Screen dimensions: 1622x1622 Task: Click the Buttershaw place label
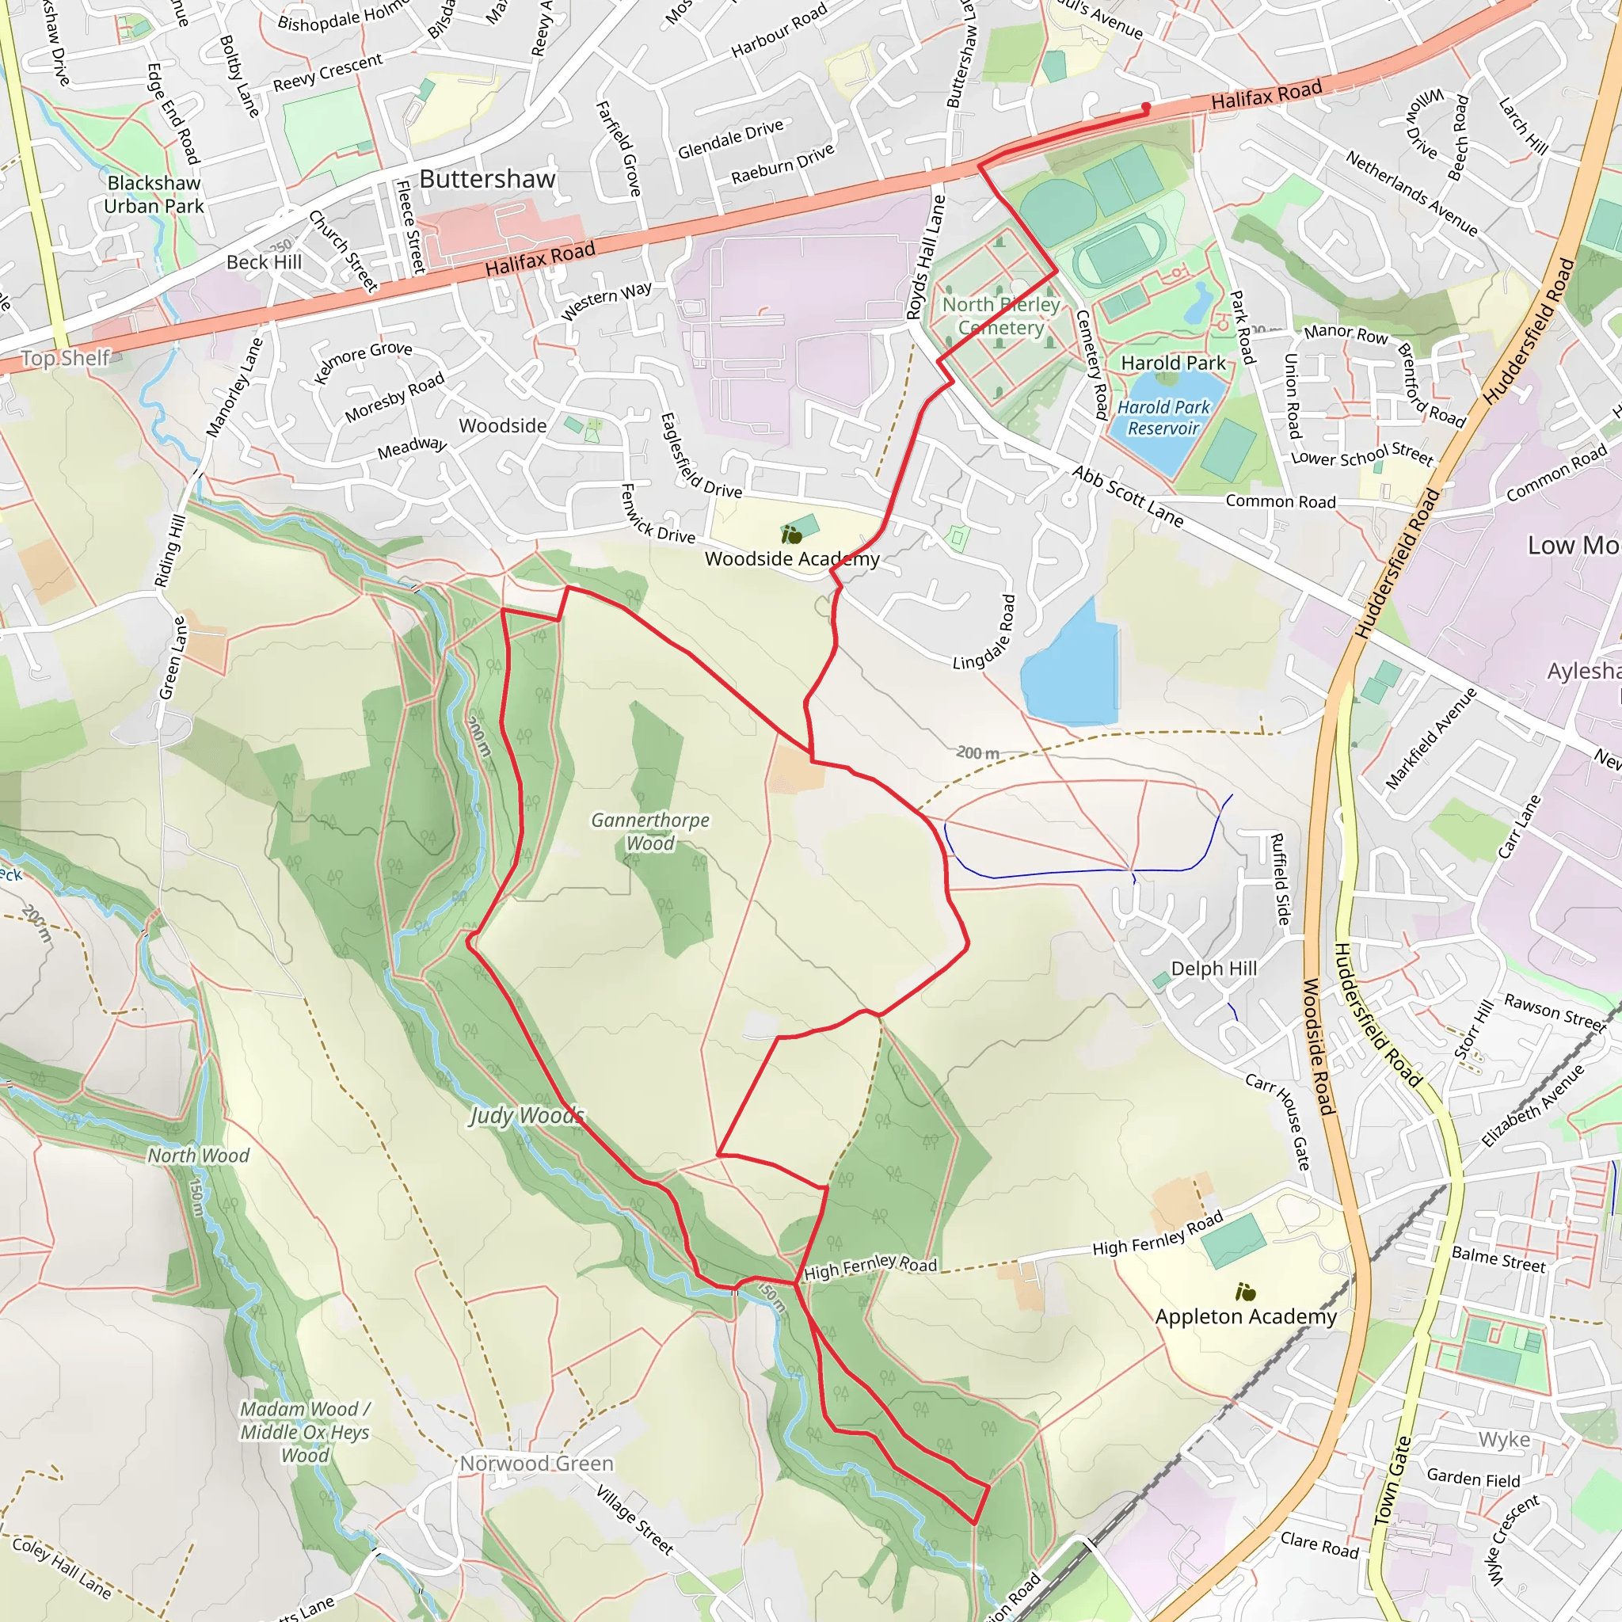coord(487,179)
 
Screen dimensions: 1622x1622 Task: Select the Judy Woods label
coord(526,1115)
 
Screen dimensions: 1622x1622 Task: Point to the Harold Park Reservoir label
coord(1163,417)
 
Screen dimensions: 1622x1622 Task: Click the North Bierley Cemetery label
coord(1001,316)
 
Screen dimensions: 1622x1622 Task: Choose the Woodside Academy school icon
coord(791,535)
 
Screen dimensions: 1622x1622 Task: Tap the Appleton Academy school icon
coord(1245,1292)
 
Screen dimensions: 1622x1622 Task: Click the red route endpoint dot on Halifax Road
coord(1145,107)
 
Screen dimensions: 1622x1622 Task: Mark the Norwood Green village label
coord(536,1464)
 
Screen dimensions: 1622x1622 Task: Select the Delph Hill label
coord(1213,968)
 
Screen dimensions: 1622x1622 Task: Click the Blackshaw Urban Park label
coord(154,194)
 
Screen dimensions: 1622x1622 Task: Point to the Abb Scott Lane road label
coord(1128,496)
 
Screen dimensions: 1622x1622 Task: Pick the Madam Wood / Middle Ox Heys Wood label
coord(304,1431)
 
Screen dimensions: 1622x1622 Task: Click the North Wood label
coord(198,1156)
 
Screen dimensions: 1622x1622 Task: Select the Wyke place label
coord(1504,1440)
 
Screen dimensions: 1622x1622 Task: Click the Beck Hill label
coord(264,262)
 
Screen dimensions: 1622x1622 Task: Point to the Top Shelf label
coord(65,358)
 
